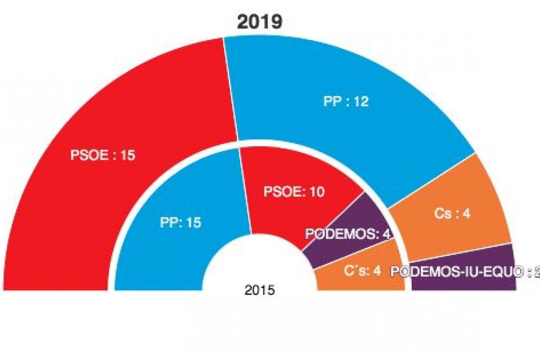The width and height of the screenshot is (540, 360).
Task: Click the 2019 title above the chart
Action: click(260, 22)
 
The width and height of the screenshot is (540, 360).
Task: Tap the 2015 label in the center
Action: click(260, 290)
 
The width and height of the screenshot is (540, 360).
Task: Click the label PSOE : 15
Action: click(103, 156)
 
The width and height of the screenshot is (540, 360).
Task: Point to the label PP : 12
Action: click(346, 102)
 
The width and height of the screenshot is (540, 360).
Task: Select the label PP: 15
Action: click(180, 222)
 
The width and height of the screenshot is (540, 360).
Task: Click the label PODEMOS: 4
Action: click(346, 234)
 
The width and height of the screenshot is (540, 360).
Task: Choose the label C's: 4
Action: click(363, 271)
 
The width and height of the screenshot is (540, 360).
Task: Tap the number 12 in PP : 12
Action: click(360, 102)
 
